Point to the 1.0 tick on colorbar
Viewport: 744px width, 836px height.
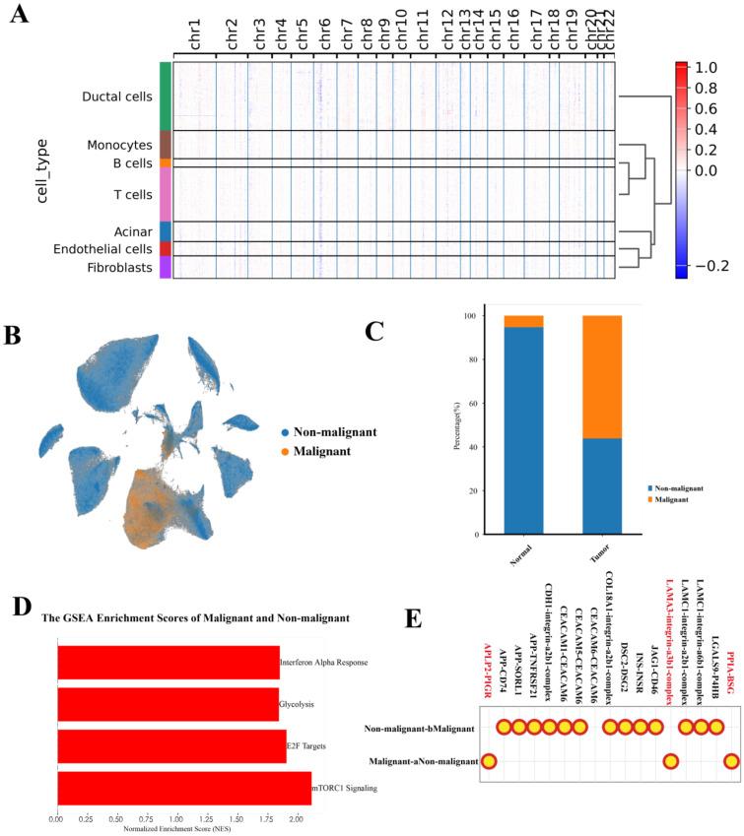click(704, 68)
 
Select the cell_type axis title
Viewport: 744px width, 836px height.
click(42, 171)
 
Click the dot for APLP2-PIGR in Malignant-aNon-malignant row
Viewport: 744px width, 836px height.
click(488, 760)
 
